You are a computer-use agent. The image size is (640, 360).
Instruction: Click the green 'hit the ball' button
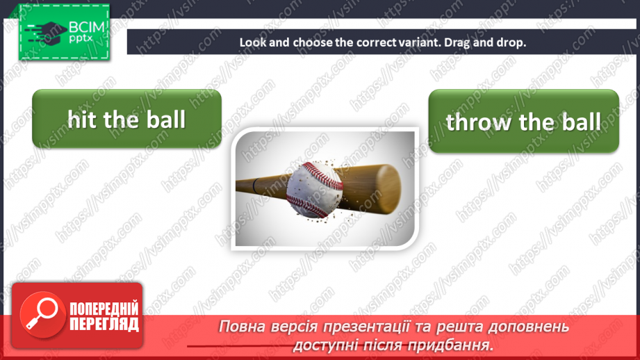pyautogui.click(x=126, y=119)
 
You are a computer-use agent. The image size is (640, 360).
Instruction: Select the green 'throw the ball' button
pyautogui.click(x=523, y=122)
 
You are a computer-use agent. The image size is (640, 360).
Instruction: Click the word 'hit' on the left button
pyautogui.click(x=82, y=119)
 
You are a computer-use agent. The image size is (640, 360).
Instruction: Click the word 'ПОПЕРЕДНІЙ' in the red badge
pyautogui.click(x=104, y=309)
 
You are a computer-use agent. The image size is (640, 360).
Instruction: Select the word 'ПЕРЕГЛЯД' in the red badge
pyautogui.click(x=104, y=324)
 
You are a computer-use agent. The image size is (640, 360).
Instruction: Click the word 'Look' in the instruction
pyautogui.click(x=252, y=42)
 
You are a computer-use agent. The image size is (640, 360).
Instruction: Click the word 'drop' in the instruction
pyautogui.click(x=513, y=42)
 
